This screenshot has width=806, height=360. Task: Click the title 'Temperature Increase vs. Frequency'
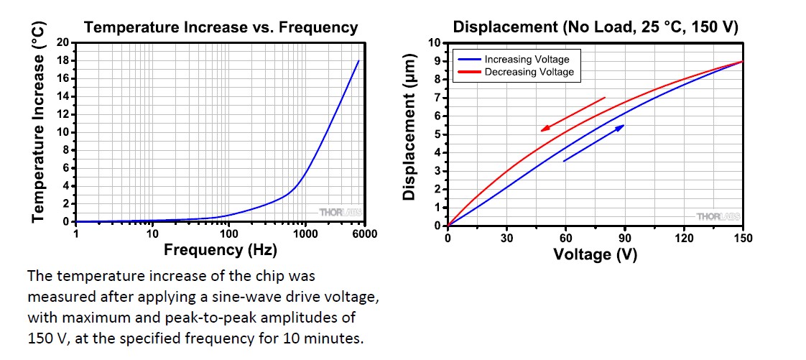[x=221, y=28]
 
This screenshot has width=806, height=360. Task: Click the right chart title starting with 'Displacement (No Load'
[x=596, y=28]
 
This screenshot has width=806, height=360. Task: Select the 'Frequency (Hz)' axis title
[x=220, y=251]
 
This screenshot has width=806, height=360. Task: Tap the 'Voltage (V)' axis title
[x=595, y=254]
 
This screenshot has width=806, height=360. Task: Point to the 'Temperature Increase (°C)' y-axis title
[x=40, y=122]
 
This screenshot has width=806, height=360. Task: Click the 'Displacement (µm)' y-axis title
[x=409, y=126]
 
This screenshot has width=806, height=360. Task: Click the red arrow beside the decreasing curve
[x=573, y=114]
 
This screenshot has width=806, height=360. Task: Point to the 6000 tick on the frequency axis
[x=364, y=234]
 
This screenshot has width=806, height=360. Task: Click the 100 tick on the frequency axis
[x=228, y=234]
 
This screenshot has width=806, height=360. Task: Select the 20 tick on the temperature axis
[x=62, y=42]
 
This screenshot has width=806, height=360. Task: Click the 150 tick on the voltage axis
[x=742, y=239]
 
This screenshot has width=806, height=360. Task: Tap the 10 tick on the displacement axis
[x=434, y=43]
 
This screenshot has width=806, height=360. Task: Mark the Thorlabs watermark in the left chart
[x=339, y=213]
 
